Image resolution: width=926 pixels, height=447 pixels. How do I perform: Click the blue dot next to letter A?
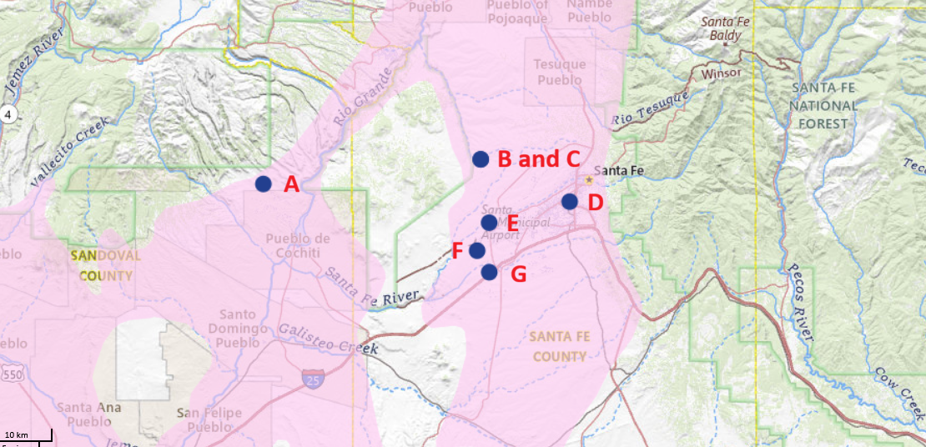[264, 184]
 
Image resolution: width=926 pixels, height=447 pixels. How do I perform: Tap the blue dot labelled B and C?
[481, 158]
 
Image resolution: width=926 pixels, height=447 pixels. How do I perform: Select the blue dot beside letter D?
[570, 201]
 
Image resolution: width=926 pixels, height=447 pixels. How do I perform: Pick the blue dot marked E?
[489, 222]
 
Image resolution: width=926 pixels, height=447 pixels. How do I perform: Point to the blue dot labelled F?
[477, 250]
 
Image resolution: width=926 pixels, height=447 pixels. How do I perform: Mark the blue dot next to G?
[490, 272]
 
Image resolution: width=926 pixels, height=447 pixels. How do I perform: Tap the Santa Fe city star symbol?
[589, 179]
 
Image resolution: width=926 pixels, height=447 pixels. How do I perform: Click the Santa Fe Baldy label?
[725, 28]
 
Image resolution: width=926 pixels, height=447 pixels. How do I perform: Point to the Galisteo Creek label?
[328, 340]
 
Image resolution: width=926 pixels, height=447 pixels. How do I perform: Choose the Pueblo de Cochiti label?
[298, 245]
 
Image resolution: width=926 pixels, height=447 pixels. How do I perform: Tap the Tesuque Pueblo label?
[561, 73]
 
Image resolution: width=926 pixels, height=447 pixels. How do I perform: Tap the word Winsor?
[722, 73]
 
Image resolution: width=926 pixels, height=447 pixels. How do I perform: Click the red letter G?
[518, 274]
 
